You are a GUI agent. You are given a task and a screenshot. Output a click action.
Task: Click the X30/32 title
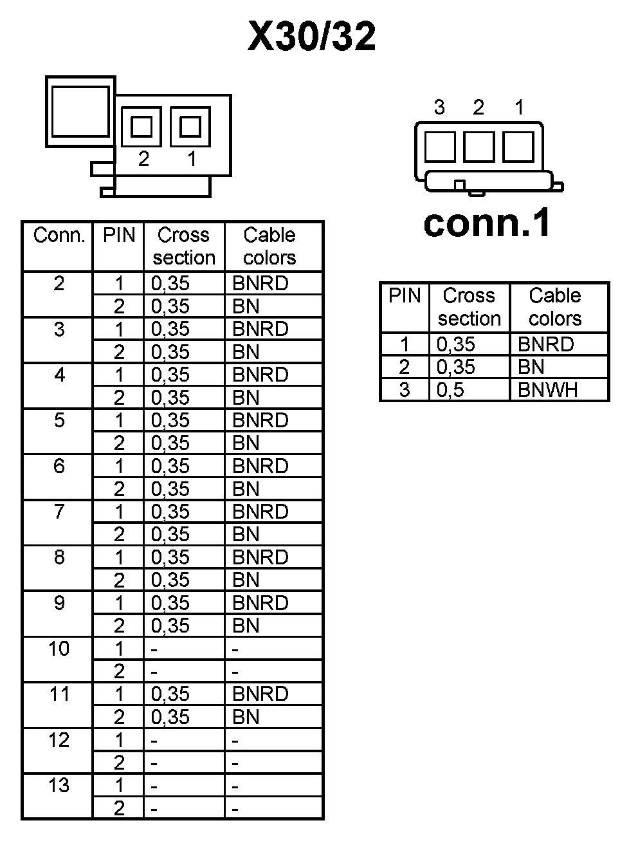pos(312,37)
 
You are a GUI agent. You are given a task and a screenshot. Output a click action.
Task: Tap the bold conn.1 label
pos(488,223)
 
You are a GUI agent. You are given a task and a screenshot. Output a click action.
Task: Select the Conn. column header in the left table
pos(59,236)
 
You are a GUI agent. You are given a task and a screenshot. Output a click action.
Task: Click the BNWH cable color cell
pos(547,390)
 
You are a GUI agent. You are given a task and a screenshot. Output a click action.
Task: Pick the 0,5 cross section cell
pos(450,390)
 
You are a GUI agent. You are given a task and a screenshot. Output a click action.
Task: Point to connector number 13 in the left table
pos(59,786)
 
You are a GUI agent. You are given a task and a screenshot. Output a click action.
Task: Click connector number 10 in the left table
pos(59,649)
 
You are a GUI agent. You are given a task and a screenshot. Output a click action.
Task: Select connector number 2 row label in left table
pos(59,283)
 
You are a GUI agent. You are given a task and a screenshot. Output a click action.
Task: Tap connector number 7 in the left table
pos(59,512)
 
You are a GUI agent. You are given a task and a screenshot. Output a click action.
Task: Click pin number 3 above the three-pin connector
pos(439,107)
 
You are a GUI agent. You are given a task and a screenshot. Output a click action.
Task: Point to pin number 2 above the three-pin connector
pos(478,107)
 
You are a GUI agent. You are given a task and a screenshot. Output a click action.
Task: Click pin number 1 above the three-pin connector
pos(519,107)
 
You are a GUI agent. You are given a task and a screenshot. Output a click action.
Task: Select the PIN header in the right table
pos(405,296)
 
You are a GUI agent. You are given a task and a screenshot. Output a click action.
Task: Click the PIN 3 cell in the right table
pos(405,390)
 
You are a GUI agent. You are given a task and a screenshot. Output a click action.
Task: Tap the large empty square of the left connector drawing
pos(80,111)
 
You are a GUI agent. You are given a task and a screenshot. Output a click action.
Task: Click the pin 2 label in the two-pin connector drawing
pos(143,158)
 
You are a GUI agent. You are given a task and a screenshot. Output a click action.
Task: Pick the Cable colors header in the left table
pos(269,246)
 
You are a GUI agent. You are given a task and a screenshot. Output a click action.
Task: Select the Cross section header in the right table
pos(469,307)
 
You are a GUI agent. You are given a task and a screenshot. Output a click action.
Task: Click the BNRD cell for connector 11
pos(260,694)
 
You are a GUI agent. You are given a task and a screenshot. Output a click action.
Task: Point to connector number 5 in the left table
pos(59,420)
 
